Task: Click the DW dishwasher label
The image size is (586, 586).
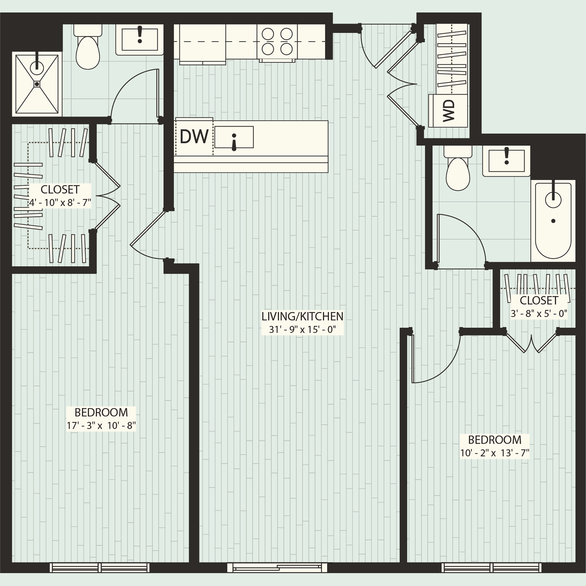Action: click(x=194, y=136)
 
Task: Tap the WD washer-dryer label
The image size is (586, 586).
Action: click(x=449, y=111)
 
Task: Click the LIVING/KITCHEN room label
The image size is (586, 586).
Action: click(x=302, y=316)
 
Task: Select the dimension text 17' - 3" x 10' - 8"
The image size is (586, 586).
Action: click(x=101, y=426)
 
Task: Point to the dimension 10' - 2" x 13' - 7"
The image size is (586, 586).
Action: click(x=494, y=453)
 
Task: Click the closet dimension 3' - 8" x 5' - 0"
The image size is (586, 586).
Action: click(x=539, y=313)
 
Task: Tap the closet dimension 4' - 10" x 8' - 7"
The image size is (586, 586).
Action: click(x=60, y=202)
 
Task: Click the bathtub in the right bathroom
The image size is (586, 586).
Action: click(x=553, y=221)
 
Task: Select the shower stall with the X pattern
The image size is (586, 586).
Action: click(x=37, y=84)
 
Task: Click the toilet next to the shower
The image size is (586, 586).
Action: click(x=88, y=49)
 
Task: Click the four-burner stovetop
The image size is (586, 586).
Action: click(x=277, y=42)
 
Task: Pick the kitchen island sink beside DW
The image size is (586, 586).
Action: click(x=234, y=137)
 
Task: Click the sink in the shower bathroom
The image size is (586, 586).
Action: click(x=139, y=39)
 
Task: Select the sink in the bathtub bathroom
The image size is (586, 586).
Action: click(x=506, y=161)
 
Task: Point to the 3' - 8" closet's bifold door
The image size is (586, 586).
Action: click(x=531, y=344)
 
